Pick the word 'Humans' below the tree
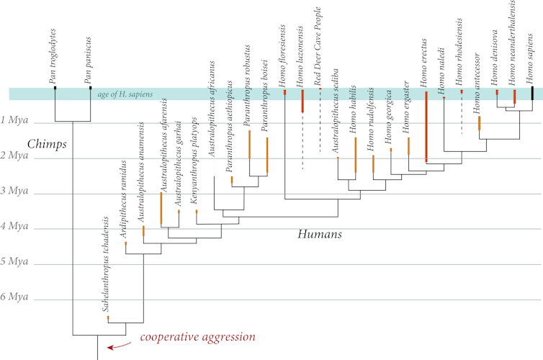tap(319, 235)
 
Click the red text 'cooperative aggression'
tap(197, 337)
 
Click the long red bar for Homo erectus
tap(426, 126)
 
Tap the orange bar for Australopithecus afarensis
tap(161, 209)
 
